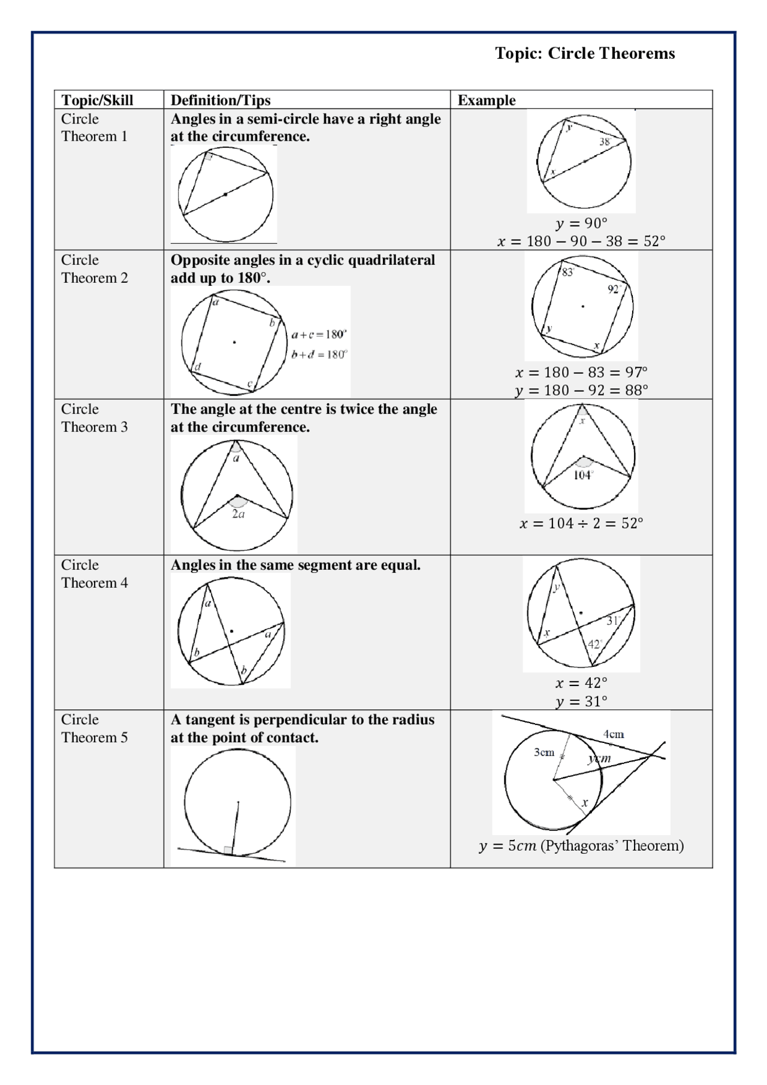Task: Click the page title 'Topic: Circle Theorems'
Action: coord(584,53)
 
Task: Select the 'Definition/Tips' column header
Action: coord(221,100)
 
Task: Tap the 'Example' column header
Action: coord(486,100)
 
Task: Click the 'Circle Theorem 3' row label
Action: coord(94,418)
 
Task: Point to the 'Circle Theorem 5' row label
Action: coord(94,728)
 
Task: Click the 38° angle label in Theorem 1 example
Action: coord(605,142)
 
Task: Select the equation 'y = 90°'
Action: coord(581,223)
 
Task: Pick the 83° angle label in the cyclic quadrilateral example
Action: coord(567,273)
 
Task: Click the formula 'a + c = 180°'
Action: coord(319,334)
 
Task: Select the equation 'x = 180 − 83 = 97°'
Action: coord(581,372)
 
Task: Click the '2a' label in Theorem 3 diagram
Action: coord(238,514)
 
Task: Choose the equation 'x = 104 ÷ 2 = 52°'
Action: coord(581,523)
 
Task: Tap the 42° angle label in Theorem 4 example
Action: coord(594,644)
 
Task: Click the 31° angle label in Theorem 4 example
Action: coord(613,621)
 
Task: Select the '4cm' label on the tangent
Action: coord(613,734)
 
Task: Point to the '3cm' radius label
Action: coord(544,752)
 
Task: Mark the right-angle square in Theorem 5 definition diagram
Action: coord(228,850)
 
